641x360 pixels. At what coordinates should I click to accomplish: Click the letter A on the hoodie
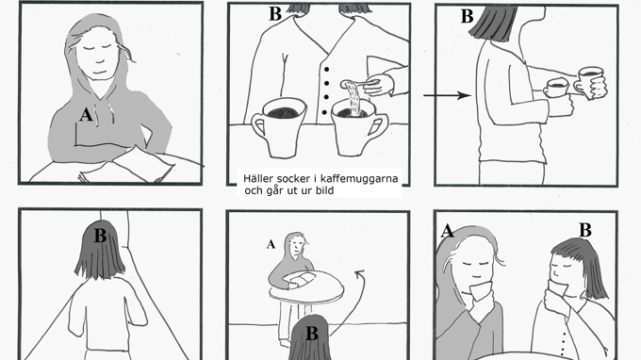pyautogui.click(x=86, y=115)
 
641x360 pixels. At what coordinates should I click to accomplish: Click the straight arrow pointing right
pyautogui.click(x=447, y=95)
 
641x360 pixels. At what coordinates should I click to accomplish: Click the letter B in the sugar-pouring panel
pyautogui.click(x=275, y=14)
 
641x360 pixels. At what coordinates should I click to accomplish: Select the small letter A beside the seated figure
pyautogui.click(x=271, y=244)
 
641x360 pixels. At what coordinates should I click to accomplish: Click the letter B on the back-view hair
pyautogui.click(x=100, y=236)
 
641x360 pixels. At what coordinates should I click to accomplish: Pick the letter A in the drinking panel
pyautogui.click(x=447, y=231)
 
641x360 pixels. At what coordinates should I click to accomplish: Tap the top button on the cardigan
pyautogui.click(x=326, y=70)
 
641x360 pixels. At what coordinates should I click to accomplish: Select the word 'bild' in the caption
pyautogui.click(x=324, y=190)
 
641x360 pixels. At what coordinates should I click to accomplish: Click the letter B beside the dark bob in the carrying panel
pyautogui.click(x=467, y=17)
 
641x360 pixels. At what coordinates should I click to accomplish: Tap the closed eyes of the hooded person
pyautogui.click(x=100, y=47)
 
